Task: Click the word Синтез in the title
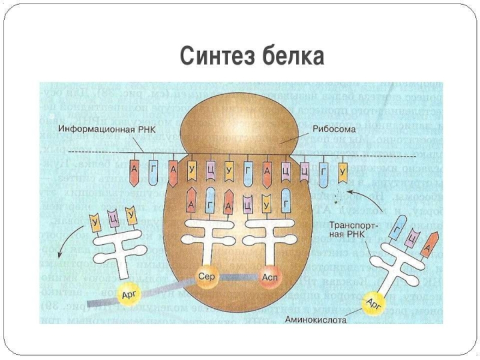pos(215,57)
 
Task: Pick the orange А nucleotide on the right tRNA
pos(427,246)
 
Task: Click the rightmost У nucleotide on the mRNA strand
pos(343,172)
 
